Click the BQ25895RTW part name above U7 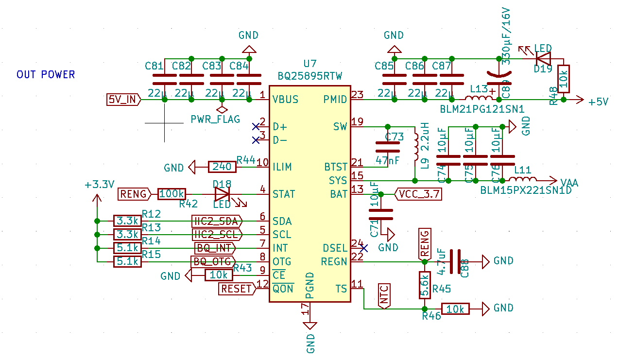(310, 76)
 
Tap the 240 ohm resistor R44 (222, 167)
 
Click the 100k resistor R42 (172, 194)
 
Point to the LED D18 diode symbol (222, 194)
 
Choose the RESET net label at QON (237, 289)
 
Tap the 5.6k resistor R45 (424, 285)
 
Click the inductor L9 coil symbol (416, 146)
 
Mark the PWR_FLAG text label (215, 119)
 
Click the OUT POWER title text (46, 74)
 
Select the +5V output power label (598, 102)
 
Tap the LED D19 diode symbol (543, 58)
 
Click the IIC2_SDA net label (217, 221)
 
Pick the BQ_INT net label (214, 248)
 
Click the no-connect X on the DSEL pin (364, 248)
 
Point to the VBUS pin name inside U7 (286, 100)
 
